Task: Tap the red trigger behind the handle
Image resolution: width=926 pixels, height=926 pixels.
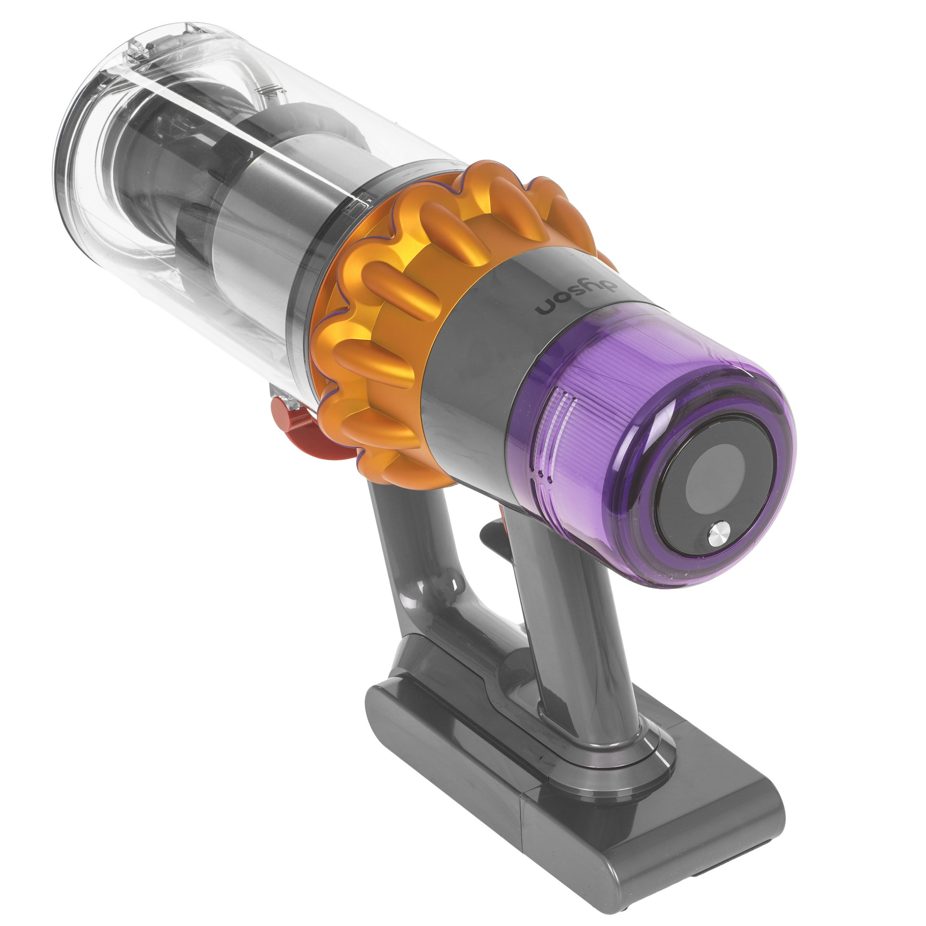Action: coord(491,532)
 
